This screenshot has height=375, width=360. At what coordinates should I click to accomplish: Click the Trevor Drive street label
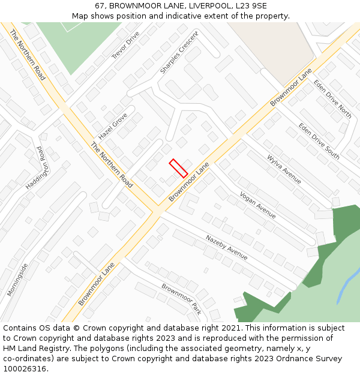pyautogui.click(x=125, y=45)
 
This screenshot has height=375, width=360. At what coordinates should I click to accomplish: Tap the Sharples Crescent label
pyautogui.click(x=178, y=53)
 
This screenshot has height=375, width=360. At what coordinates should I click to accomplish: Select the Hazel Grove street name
pyautogui.click(x=113, y=127)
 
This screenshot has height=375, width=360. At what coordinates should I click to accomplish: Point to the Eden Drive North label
pyautogui.click(x=332, y=99)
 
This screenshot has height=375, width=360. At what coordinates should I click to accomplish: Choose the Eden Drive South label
pyautogui.click(x=319, y=142)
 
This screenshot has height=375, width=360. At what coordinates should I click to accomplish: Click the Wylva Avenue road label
pyautogui.click(x=284, y=169)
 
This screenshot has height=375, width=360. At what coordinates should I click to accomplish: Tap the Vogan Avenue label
pyautogui.click(x=257, y=205)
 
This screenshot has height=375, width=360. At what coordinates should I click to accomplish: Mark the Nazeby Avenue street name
pyautogui.click(x=226, y=247)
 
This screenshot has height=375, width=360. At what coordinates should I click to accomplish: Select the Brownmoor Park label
pyautogui.click(x=181, y=299)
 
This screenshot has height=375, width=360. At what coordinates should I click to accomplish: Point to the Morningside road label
pyautogui.click(x=17, y=280)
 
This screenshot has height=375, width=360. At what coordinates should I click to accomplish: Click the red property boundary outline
pyautogui.click(x=178, y=168)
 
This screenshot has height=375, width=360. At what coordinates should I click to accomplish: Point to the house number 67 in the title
pyautogui.click(x=99, y=6)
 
